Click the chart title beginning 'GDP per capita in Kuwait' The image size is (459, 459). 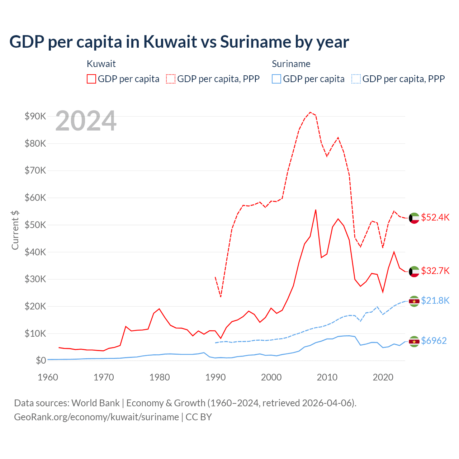[179, 42]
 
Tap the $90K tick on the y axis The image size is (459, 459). [35, 116]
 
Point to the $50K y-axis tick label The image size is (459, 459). [35, 225]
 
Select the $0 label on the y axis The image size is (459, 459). [41, 360]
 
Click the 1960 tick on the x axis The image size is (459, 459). [48, 377]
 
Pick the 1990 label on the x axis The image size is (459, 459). [216, 377]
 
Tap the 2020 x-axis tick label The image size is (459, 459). [383, 377]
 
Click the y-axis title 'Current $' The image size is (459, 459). [15, 230]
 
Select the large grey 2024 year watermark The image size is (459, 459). [86, 121]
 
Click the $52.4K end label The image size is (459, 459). [435, 218]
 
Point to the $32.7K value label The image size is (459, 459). [435, 271]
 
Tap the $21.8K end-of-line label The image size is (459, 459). [435, 301]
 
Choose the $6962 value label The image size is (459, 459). [434, 341]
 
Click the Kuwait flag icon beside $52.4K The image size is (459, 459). [414, 218]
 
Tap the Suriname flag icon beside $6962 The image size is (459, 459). [414, 342]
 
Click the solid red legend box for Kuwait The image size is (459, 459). [91, 79]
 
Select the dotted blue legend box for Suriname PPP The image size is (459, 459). [356, 79]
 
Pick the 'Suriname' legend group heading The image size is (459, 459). [291, 64]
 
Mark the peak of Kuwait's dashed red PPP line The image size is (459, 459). [310, 112]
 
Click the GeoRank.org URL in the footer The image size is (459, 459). [96, 417]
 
